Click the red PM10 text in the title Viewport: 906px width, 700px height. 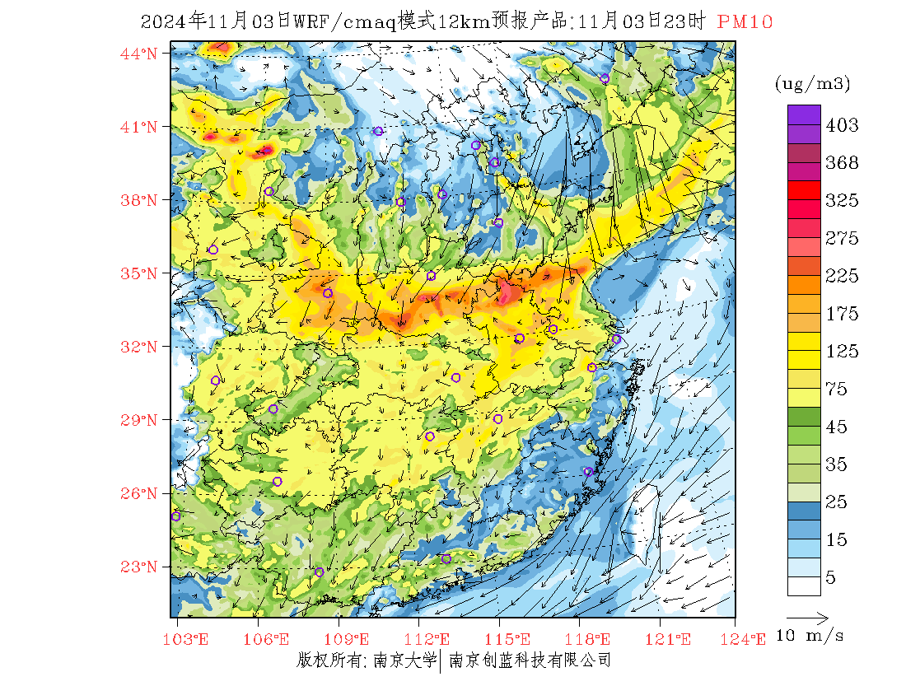point(745,22)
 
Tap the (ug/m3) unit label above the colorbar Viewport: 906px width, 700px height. point(812,83)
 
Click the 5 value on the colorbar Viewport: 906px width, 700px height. point(831,578)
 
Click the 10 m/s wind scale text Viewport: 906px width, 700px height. point(810,636)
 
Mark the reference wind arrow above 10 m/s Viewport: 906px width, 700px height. point(807,616)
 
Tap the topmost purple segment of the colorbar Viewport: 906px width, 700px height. point(804,114)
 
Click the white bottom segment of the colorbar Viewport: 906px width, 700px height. point(804,586)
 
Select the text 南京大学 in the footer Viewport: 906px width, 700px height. point(404,660)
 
